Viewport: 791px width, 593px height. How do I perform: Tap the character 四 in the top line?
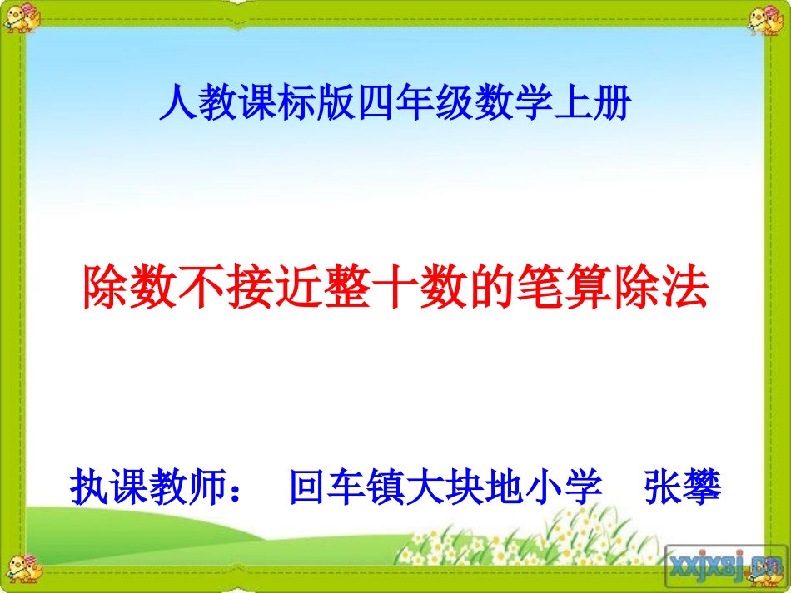(376, 102)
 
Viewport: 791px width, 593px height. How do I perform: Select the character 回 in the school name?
(308, 487)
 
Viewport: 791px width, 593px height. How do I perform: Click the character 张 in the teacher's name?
(663, 487)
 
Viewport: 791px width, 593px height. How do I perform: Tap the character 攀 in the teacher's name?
(702, 487)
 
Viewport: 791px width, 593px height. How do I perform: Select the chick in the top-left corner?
(21, 17)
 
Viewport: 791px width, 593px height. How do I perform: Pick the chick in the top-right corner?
(766, 19)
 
